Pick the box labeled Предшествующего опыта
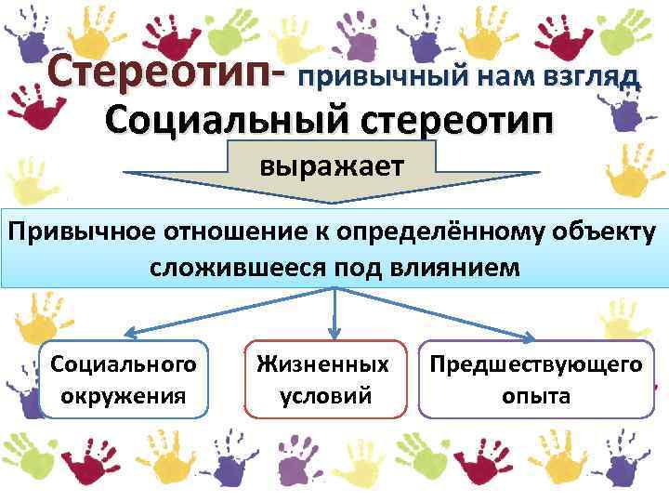[535, 379]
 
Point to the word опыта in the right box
[536, 396]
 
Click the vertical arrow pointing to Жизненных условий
[334, 316]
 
